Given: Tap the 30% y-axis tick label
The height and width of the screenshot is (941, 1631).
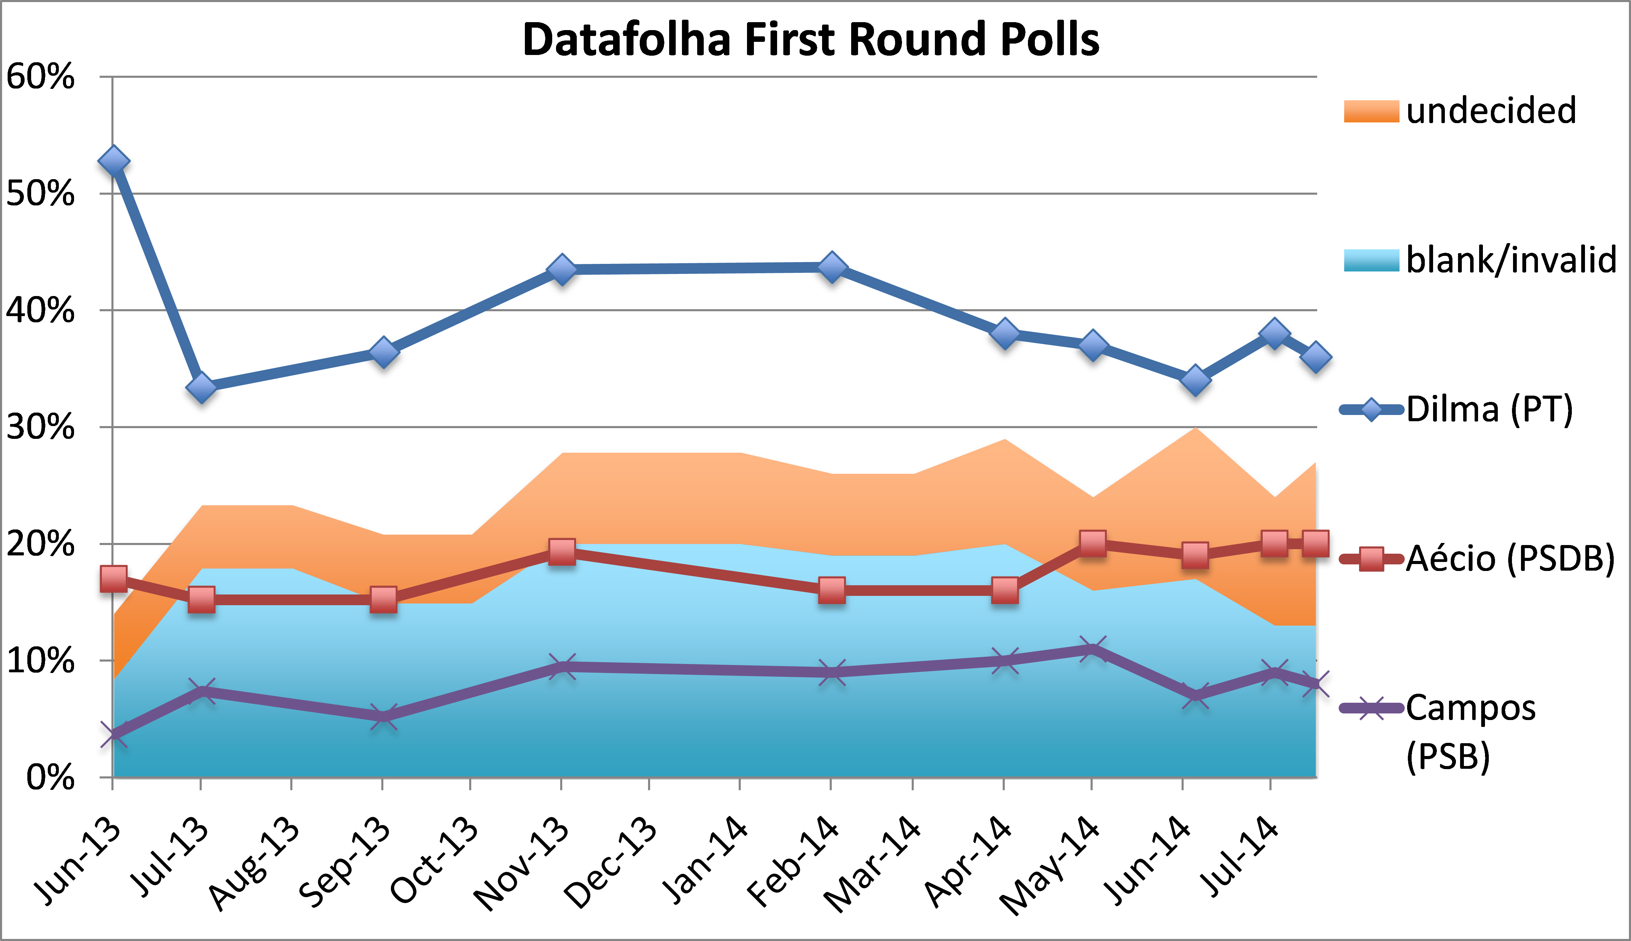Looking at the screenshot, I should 40,427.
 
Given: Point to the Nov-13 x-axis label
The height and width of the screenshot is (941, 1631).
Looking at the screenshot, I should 522,863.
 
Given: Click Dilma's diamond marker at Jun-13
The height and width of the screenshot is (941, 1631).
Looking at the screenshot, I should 113,161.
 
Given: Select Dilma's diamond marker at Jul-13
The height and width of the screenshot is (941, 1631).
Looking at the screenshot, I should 201,387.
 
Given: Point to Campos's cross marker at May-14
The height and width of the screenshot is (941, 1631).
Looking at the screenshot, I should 1092,649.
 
